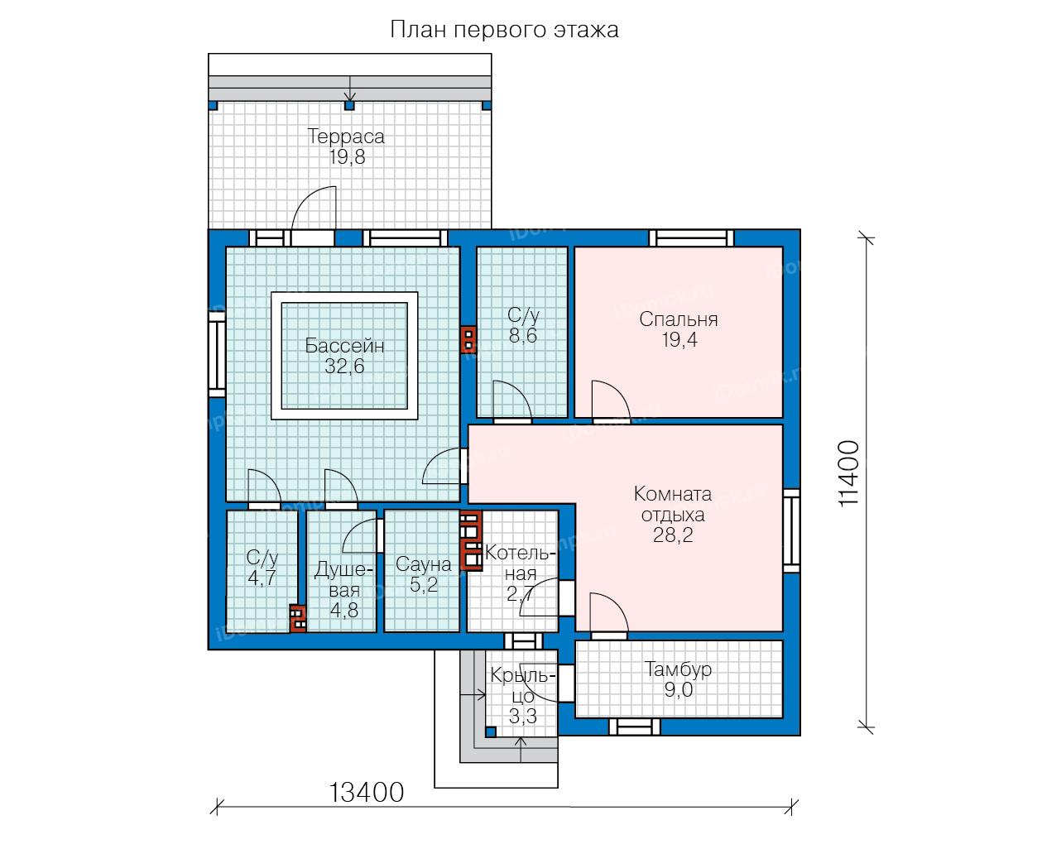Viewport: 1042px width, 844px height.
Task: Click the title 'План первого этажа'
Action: (504, 31)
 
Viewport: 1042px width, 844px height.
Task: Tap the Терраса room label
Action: (346, 137)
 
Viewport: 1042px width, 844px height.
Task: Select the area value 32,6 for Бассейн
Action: (344, 367)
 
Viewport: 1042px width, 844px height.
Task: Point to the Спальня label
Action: (679, 319)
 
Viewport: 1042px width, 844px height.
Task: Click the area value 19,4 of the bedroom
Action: (679, 340)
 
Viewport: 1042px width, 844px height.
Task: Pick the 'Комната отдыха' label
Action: (673, 504)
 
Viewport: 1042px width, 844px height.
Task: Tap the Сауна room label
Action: (423, 564)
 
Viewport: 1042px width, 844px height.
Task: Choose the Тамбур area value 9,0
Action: (678, 689)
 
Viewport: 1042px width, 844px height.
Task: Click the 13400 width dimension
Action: (367, 793)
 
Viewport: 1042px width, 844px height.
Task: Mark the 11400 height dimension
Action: (849, 474)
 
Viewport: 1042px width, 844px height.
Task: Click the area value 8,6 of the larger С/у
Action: (522, 336)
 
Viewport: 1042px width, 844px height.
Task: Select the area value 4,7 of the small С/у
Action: (262, 578)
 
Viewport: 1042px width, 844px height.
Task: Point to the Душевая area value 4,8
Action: (344, 611)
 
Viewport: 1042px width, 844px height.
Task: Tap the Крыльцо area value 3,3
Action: (522, 717)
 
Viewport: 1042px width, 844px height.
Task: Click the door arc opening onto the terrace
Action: (307, 199)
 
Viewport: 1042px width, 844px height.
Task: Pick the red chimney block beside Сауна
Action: (471, 539)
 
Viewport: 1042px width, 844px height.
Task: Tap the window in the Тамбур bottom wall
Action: (635, 727)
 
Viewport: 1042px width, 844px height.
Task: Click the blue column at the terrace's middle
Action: (349, 105)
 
